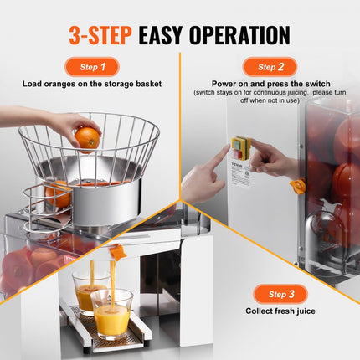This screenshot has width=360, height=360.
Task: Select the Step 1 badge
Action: pos(91,67)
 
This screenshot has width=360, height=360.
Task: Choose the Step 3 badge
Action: pos(270,295)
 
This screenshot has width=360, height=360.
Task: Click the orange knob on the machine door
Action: pos(296,185)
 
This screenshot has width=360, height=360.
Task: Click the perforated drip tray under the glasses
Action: pos(100,335)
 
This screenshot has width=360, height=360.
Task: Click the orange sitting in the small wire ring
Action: pos(56,195)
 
